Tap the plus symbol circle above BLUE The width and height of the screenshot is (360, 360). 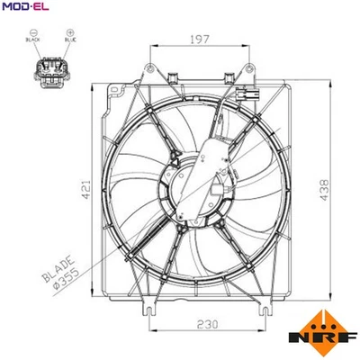(x=68, y=32)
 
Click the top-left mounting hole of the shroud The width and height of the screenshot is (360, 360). (x=114, y=89)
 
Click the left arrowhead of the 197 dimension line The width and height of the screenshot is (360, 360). (x=153, y=46)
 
